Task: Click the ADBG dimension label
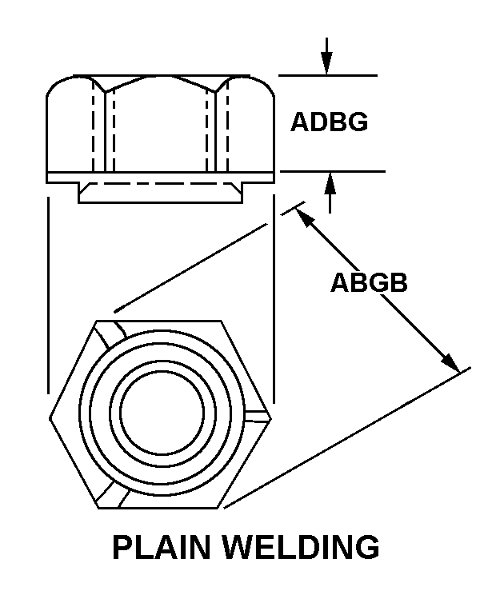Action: click(x=329, y=122)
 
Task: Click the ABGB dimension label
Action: click(x=369, y=283)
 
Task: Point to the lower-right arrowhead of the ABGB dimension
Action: click(x=451, y=363)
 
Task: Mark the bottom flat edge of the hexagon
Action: click(x=160, y=508)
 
